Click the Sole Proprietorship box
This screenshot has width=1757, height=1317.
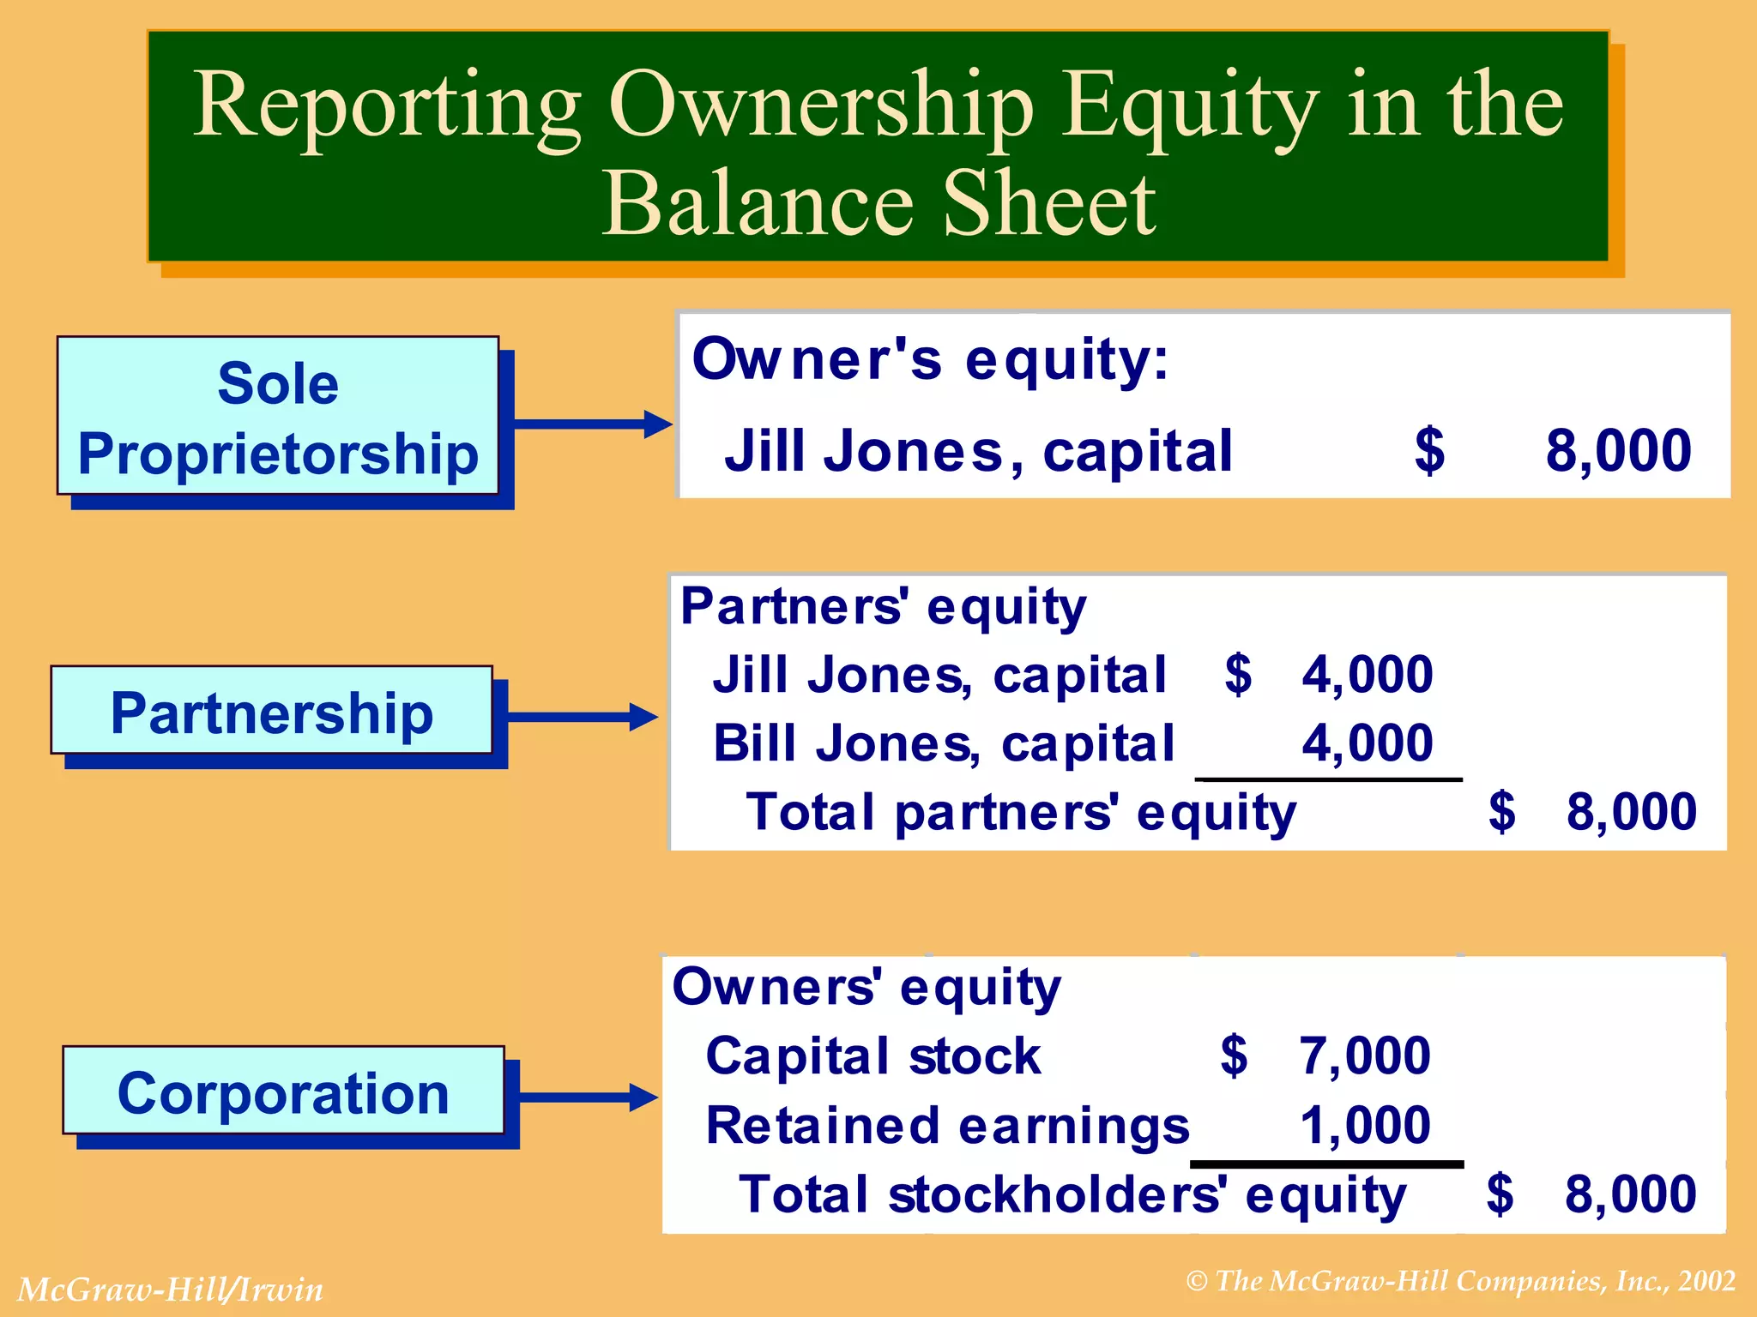tap(278, 416)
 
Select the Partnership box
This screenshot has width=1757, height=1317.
tap(272, 711)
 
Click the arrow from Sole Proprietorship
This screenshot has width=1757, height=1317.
tap(592, 424)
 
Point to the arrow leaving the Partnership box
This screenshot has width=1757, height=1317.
tap(583, 717)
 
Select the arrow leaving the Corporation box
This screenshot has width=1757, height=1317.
tap(589, 1097)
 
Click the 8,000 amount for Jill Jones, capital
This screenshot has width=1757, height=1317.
tap(1618, 451)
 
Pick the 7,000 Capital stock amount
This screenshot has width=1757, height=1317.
tap(1365, 1055)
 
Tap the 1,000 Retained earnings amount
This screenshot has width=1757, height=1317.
tap(1365, 1125)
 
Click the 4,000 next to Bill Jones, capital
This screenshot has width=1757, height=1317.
tap(1368, 743)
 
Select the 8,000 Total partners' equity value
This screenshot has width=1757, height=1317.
tap(1631, 811)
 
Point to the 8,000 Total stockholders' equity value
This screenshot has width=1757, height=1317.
tap(1630, 1194)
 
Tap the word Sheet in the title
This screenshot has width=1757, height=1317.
tap(1048, 204)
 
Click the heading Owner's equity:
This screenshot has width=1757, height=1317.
tap(930, 359)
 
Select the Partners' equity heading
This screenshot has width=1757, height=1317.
tap(883, 607)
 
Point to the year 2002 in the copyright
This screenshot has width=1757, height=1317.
tap(1707, 1281)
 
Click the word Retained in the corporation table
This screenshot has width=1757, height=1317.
tap(823, 1125)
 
